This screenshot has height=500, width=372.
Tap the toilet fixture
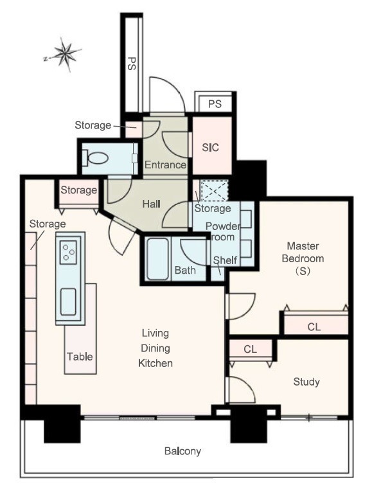pos(95,158)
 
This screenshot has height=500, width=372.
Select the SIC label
pos(210,147)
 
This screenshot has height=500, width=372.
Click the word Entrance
pos(165,165)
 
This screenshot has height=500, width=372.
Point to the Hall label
pos(151,204)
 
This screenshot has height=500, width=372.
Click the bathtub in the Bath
pos(158,259)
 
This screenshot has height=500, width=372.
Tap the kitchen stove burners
pos(69,252)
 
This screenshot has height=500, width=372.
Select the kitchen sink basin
pos(68,301)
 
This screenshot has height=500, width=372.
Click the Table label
pos(80,357)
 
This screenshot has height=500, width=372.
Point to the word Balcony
pos(182,451)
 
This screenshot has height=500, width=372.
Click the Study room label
pos(306,382)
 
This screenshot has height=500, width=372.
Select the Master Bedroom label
pos(303,258)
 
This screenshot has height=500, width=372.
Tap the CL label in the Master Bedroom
pos(314,327)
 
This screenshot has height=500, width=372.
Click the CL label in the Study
pos(250,349)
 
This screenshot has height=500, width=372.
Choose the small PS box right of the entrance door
pos(215,103)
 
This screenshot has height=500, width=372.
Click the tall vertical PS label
pos(131,63)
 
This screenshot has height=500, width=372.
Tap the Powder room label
pos(223,232)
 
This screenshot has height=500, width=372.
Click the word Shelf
pos(225,260)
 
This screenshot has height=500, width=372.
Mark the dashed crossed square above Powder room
pos(214,191)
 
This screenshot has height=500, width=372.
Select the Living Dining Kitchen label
pos(155,348)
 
